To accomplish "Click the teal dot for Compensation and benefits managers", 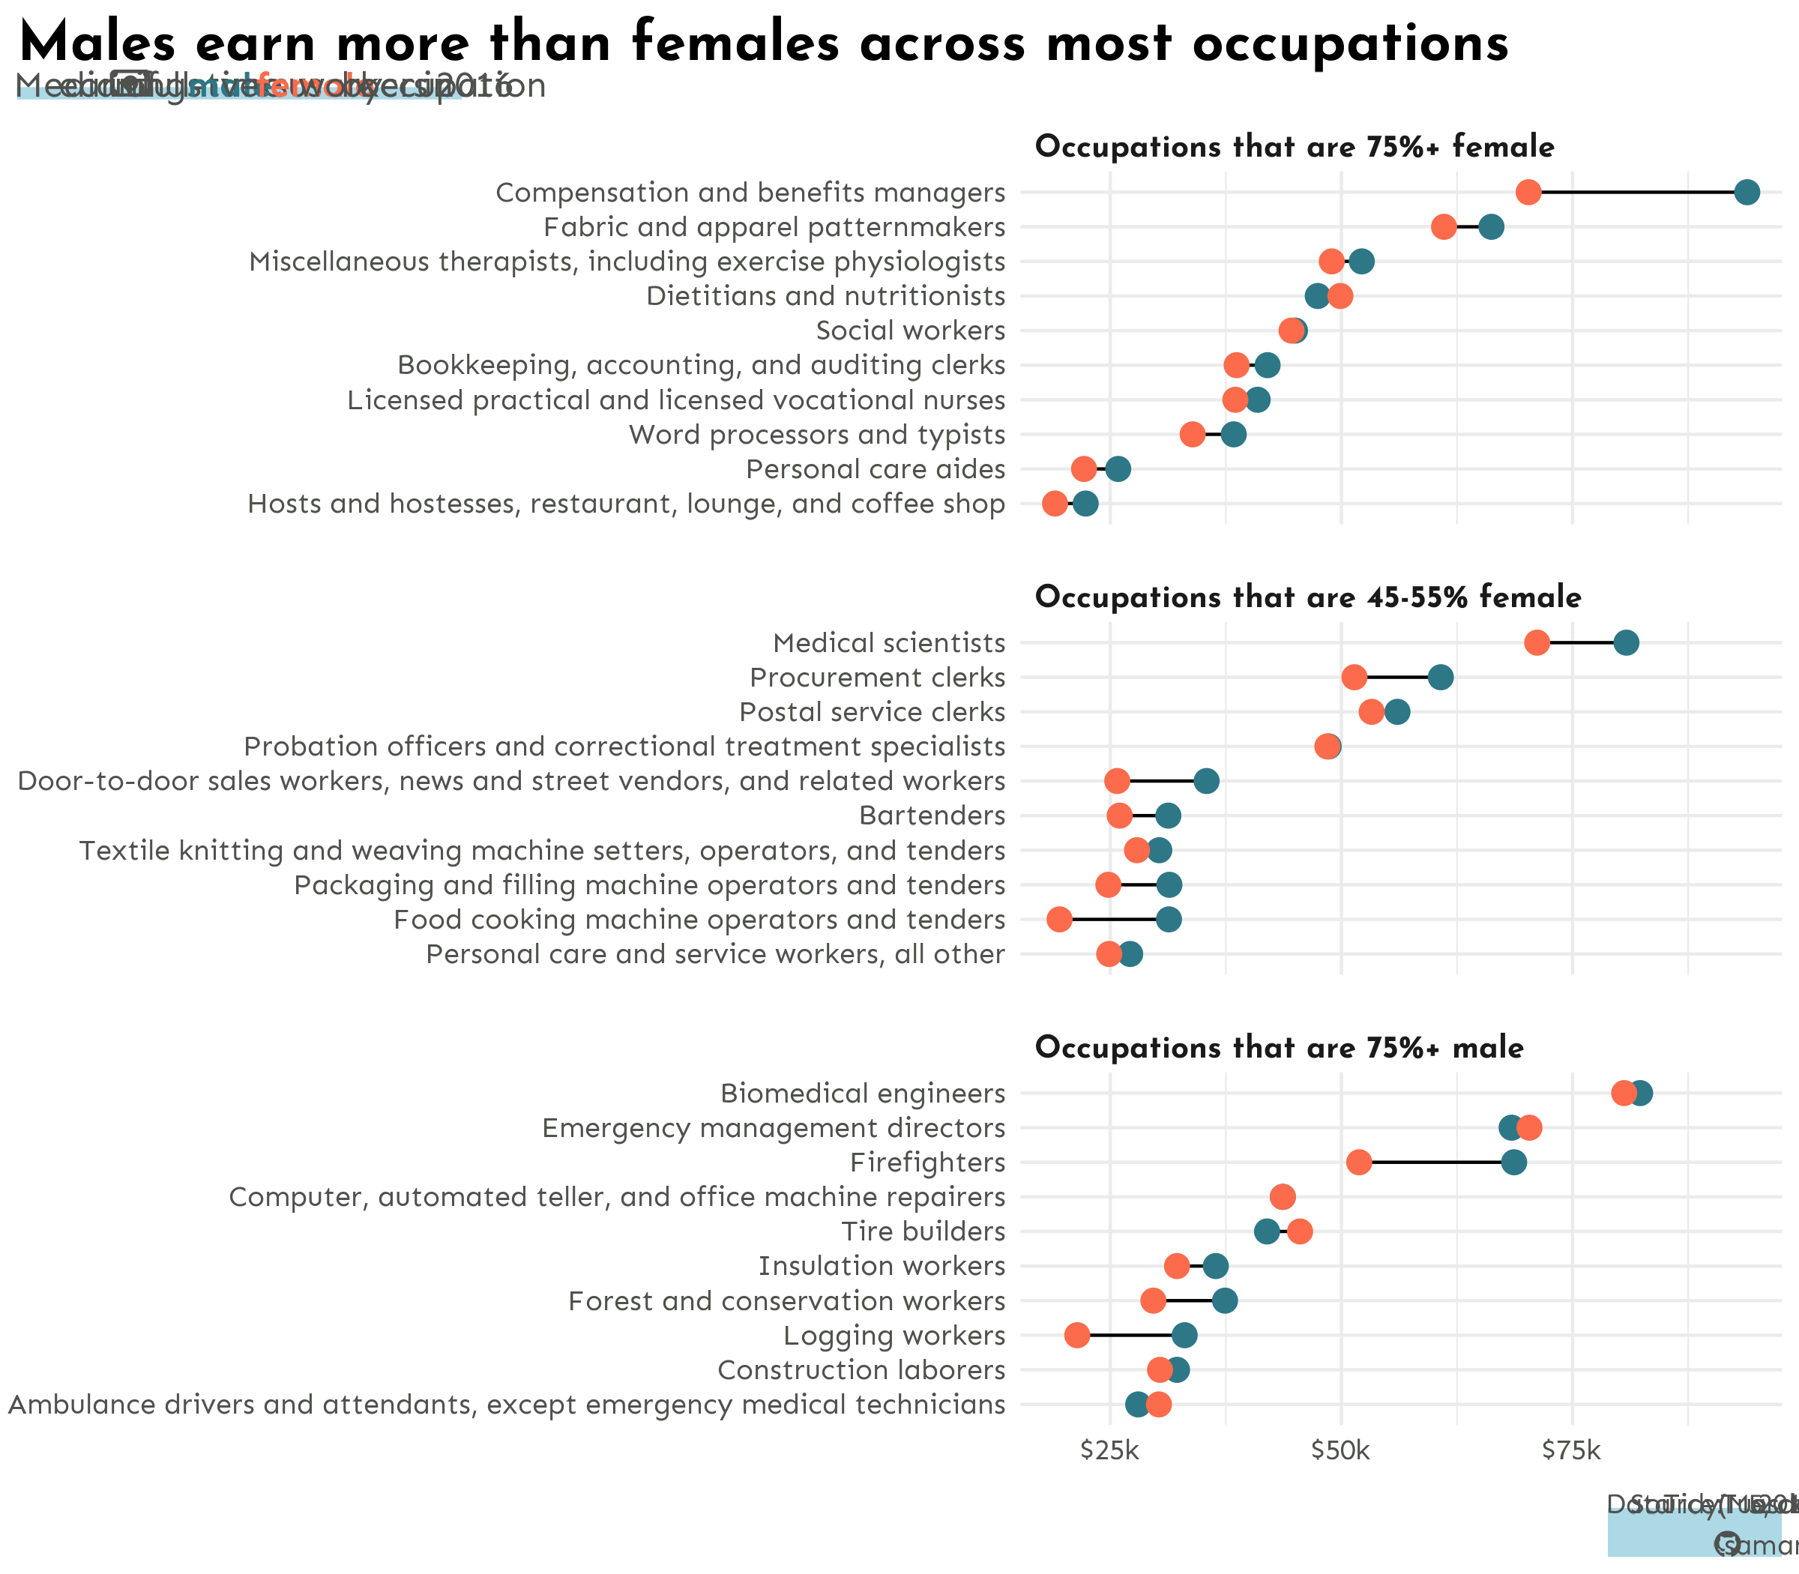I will [x=1747, y=193].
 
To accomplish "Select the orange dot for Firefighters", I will [x=1358, y=1162].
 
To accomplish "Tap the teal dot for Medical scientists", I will [x=1625, y=643].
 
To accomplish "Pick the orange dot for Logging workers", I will [x=1077, y=1335].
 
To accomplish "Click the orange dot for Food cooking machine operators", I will [x=1059, y=920].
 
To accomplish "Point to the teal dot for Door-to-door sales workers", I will [x=1206, y=781].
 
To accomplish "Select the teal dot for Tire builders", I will [x=1266, y=1231].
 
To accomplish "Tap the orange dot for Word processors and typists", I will [x=1192, y=435].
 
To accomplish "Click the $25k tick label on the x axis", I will [x=1110, y=1450].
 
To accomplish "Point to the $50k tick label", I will [x=1340, y=1450].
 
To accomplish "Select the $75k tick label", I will [x=1571, y=1450].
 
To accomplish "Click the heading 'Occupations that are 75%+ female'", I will [x=1294, y=147].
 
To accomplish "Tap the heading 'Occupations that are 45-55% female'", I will [x=1307, y=597].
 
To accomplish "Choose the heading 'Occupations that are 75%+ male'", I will [x=1278, y=1048].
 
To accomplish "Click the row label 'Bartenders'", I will [x=931, y=816].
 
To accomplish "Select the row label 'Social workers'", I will [x=910, y=331].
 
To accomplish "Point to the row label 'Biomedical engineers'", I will [x=863, y=1094].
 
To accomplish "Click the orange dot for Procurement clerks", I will [x=1354, y=678].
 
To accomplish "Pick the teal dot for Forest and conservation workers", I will [x=1225, y=1301].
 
